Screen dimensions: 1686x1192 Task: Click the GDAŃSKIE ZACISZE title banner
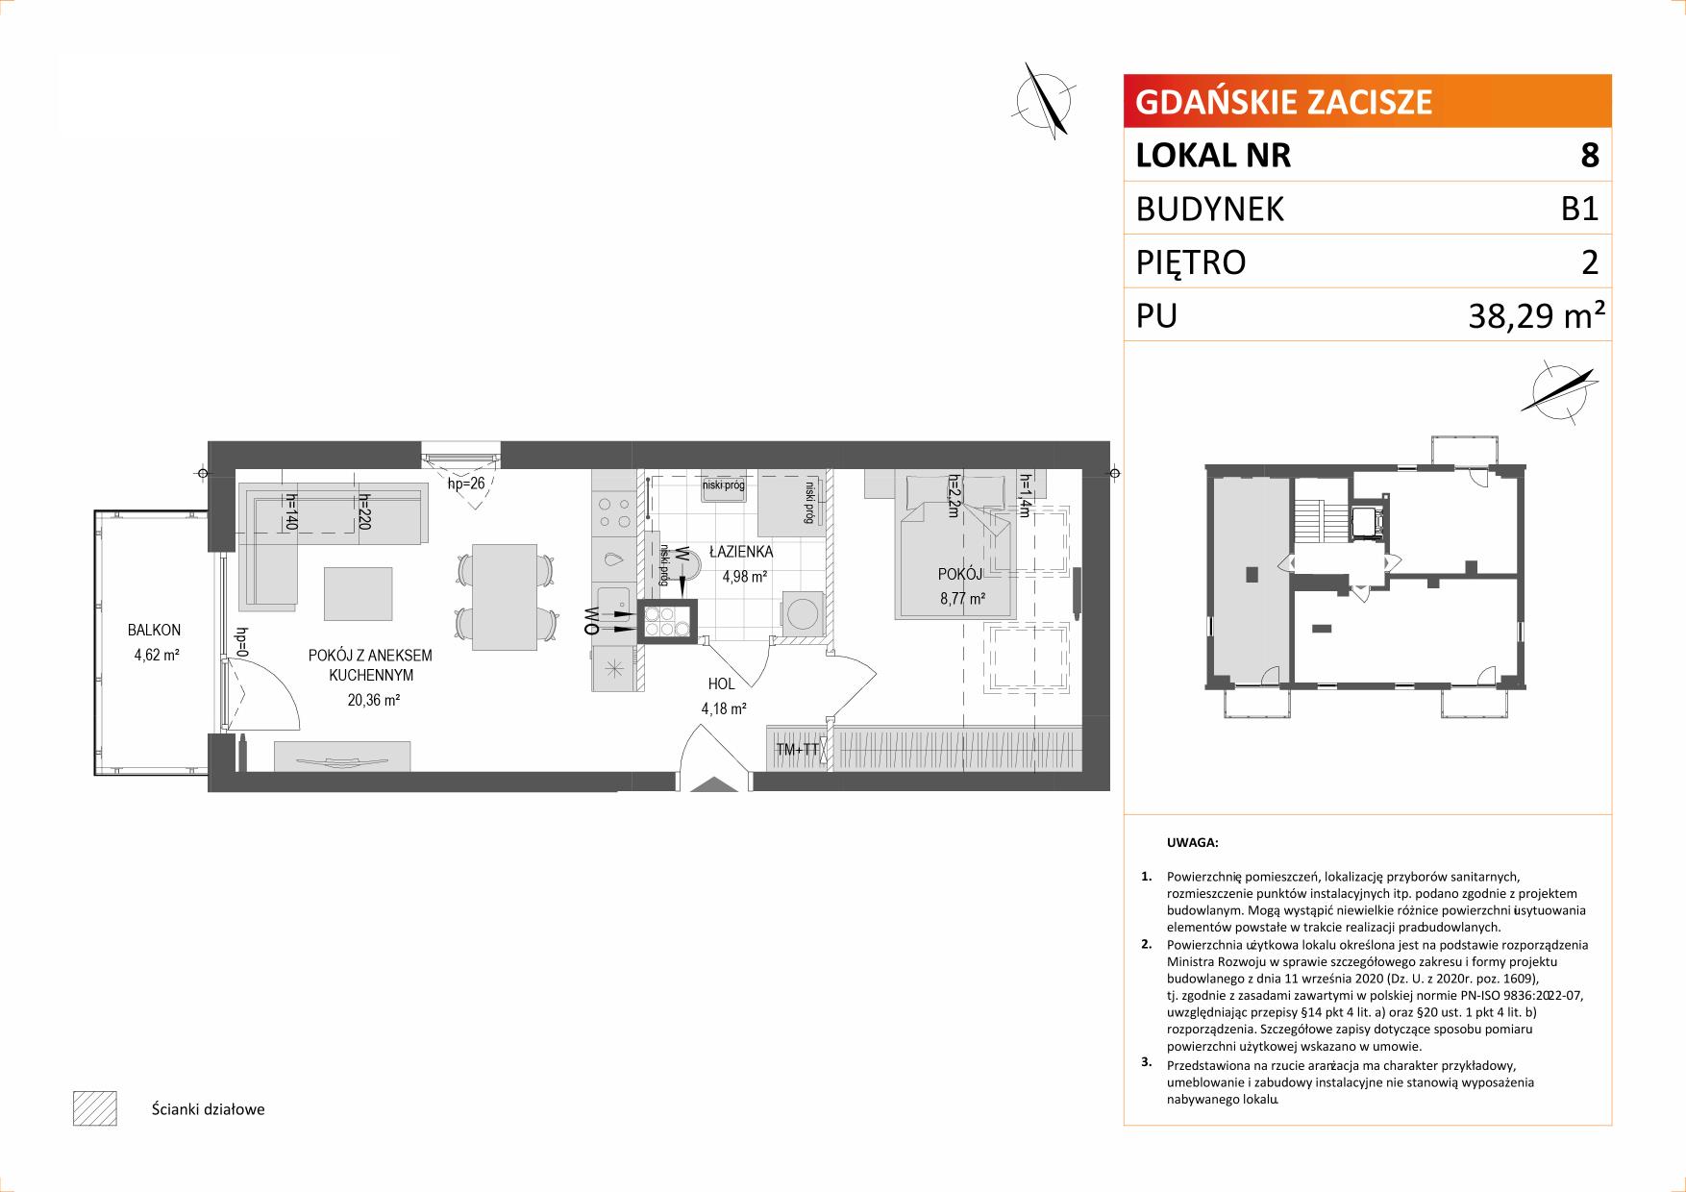click(1367, 101)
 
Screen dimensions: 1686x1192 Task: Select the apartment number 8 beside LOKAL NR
click(1590, 155)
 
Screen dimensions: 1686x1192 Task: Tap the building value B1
click(1580, 209)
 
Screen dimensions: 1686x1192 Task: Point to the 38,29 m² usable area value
click(1536, 314)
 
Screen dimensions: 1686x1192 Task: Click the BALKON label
click(155, 631)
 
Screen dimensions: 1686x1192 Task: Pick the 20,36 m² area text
click(374, 701)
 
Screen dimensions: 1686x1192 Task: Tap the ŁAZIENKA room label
click(741, 553)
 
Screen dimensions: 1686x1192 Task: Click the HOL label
click(721, 684)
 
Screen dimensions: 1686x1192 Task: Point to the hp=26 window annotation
click(466, 484)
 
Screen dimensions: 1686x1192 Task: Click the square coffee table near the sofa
click(359, 594)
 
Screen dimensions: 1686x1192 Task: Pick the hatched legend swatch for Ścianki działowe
click(94, 1108)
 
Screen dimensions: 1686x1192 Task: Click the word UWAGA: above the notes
click(1192, 843)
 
